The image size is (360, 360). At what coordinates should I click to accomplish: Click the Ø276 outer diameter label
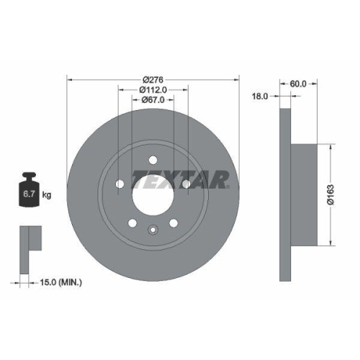153,78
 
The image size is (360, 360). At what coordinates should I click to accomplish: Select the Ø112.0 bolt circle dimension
153,89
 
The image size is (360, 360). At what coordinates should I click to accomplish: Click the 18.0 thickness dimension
258,95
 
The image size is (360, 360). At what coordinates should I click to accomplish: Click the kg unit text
46,194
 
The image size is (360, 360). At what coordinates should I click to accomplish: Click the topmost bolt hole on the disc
152,160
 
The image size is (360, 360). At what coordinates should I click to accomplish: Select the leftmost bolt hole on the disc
120,185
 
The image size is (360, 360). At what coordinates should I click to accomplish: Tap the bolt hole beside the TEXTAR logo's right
185,185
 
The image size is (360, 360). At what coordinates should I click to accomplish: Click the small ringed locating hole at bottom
152,230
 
